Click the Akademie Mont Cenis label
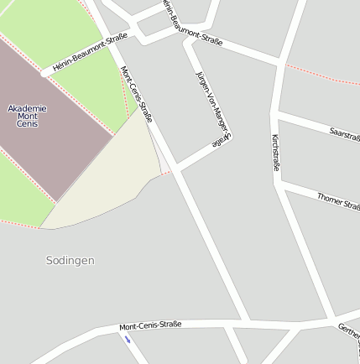click(x=27, y=116)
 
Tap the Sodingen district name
click(x=70, y=261)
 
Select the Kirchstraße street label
click(x=275, y=153)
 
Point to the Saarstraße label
click(x=344, y=133)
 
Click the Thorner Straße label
click(x=338, y=200)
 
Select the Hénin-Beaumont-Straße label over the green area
click(x=90, y=52)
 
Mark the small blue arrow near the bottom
click(x=128, y=340)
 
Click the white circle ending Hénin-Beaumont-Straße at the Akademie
click(x=44, y=74)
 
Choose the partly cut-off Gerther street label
click(x=348, y=331)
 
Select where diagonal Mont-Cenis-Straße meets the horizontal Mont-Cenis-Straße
click(x=247, y=320)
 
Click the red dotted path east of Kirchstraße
click(x=323, y=75)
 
